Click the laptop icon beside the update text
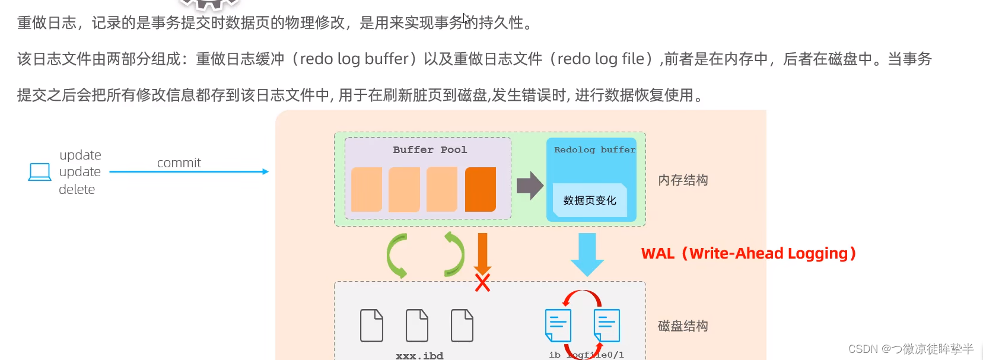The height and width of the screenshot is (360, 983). point(40,172)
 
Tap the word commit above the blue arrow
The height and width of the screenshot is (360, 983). point(179,163)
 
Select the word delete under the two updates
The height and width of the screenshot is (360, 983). point(77,189)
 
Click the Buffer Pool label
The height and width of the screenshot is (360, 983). point(430,149)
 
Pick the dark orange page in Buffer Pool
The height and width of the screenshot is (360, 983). point(480,189)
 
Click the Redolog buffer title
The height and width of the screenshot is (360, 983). point(594,149)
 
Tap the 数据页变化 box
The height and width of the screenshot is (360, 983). point(590,200)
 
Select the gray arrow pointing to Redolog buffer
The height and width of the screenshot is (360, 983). point(529,186)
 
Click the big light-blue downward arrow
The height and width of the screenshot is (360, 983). point(587,254)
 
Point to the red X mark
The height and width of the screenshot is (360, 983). point(482,283)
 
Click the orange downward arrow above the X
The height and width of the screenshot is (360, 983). point(482,252)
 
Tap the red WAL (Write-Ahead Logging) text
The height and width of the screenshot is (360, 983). point(749,253)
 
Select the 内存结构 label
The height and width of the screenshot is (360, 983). point(683,180)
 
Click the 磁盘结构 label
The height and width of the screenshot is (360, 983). point(683,326)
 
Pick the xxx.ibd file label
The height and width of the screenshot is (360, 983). point(419,355)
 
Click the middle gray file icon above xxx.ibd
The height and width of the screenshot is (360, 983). point(416,325)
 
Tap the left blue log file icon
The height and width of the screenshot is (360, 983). point(558,325)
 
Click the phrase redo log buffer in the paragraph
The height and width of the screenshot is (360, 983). point(354,59)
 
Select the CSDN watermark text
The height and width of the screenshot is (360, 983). point(911,349)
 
